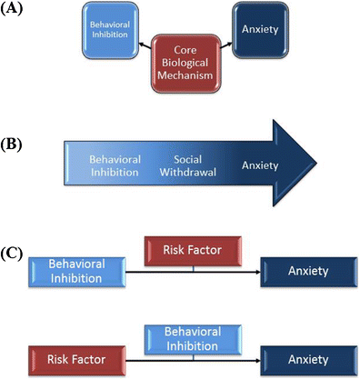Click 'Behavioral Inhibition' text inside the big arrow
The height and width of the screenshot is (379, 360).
[x=115, y=166]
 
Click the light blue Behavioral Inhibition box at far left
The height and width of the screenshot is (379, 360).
[x=77, y=270]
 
